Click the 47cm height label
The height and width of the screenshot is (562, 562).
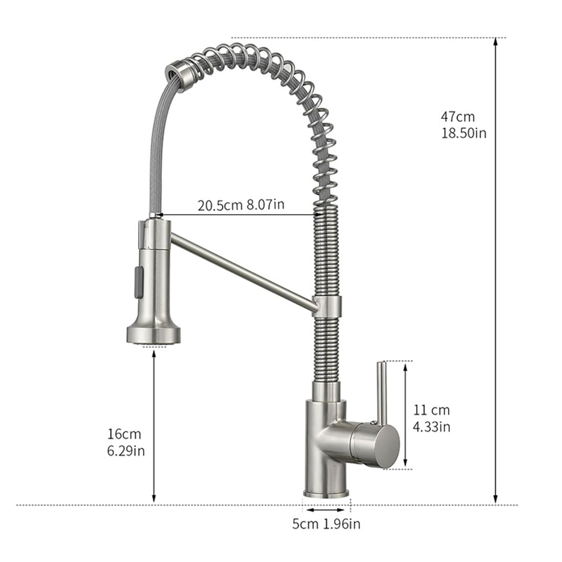[458, 116]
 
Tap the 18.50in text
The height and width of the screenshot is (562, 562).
[464, 133]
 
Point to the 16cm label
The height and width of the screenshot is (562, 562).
[124, 434]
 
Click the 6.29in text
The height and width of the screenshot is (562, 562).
[126, 451]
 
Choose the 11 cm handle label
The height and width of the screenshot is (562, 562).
[432, 410]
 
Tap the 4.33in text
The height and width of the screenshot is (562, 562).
[432, 427]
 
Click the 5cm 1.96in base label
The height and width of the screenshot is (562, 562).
[326, 524]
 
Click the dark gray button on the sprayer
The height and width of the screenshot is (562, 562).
[138, 282]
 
